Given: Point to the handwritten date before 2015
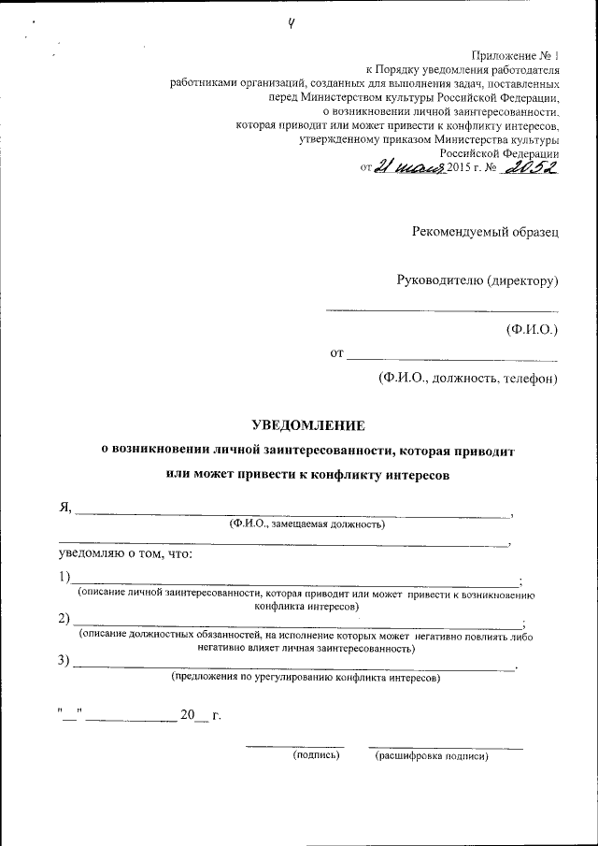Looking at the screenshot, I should click(x=408, y=166).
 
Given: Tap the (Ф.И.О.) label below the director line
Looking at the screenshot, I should click(x=531, y=329).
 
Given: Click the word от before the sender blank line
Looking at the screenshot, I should click(x=336, y=353).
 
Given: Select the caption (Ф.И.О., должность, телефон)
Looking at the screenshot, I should click(x=467, y=378).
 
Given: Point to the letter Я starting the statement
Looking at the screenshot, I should click(x=64, y=508).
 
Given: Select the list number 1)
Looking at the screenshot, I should click(x=64, y=576).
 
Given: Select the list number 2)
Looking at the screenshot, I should click(x=64, y=619).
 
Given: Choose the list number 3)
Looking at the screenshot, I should click(x=64, y=662).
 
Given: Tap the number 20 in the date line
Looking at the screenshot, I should click(x=190, y=715).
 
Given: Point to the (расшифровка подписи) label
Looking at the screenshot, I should click(x=432, y=755).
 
